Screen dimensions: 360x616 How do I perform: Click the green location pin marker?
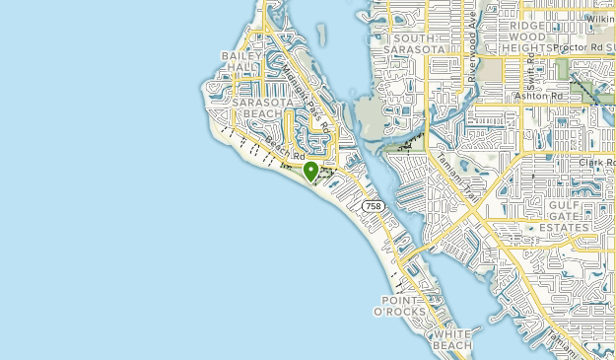click(310, 172)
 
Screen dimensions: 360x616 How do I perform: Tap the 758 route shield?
click(373, 206)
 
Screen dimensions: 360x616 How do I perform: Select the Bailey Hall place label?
click(240, 61)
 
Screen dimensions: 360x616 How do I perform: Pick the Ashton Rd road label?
click(538, 96)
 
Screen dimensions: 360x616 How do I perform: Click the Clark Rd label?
click(596, 163)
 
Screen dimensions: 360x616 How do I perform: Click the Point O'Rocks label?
click(404, 305)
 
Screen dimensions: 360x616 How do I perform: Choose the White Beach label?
click(453, 341)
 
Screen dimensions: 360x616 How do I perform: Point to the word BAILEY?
click(240, 55)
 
